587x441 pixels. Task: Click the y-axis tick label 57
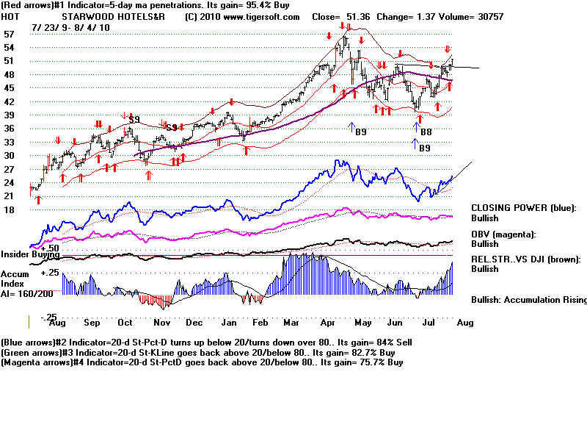tap(10, 35)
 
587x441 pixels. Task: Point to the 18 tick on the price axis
tap(10, 209)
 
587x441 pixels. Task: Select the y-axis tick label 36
tap(10, 129)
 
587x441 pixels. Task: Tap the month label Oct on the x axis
tap(125, 323)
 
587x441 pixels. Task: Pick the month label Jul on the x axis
tap(430, 323)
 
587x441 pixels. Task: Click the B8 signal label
tap(425, 132)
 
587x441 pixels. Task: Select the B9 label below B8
tap(423, 148)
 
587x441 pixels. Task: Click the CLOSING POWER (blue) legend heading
tap(523, 208)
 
